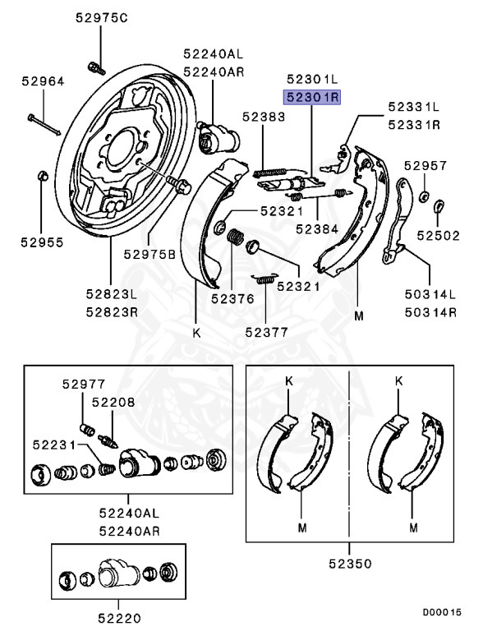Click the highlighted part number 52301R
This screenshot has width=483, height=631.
313,98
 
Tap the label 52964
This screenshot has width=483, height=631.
43,81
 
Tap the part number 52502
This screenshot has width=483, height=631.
439,235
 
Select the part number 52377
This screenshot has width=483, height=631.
268,332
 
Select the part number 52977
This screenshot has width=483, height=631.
85,382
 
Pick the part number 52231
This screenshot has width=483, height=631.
55,444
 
